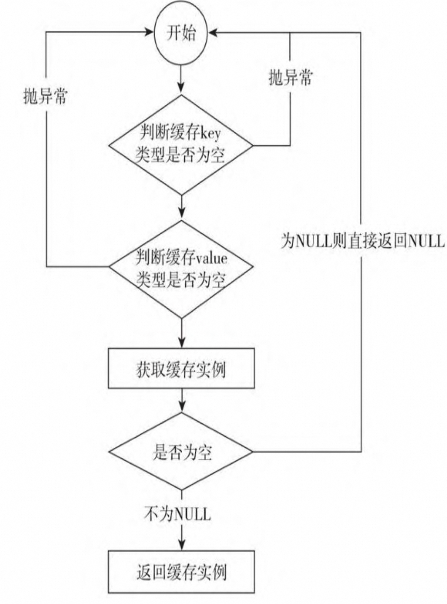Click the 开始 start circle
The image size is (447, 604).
[x=181, y=33]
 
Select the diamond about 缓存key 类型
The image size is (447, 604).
[x=181, y=145]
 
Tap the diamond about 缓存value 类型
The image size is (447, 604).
[x=181, y=268]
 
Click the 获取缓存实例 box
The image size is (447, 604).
[x=181, y=368]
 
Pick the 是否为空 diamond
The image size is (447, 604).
[x=181, y=452]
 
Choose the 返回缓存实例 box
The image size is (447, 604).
[x=181, y=572]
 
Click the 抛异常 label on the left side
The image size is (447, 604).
[x=45, y=97]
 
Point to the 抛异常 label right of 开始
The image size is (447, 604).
[x=291, y=78]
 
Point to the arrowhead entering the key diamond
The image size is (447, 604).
[x=181, y=89]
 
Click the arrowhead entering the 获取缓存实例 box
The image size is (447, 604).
[x=181, y=342]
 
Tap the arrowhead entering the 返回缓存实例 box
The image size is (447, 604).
[x=181, y=544]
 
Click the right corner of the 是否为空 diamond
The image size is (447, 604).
[x=252, y=452]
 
